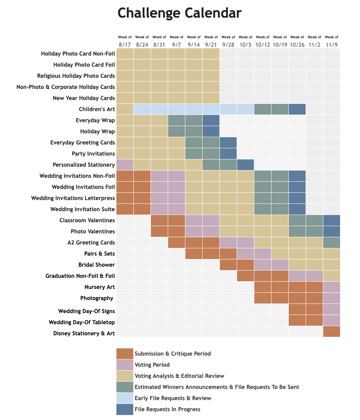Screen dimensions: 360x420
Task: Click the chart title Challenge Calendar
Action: click(x=180, y=13)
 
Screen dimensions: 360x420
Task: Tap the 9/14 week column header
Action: click(x=193, y=41)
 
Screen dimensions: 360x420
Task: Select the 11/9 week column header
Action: click(x=331, y=41)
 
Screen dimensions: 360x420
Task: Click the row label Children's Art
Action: click(x=97, y=109)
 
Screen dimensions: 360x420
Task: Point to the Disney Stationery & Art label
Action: click(x=84, y=333)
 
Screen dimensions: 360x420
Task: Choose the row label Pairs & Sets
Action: click(x=99, y=254)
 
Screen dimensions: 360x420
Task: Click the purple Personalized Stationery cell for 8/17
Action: click(x=125, y=165)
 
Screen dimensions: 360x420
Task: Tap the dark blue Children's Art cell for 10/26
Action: click(x=297, y=109)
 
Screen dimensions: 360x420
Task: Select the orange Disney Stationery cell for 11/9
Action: click(x=332, y=331)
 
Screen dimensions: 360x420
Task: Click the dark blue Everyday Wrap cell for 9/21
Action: click(x=211, y=120)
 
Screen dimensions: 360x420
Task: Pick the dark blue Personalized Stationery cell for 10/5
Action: click(x=245, y=165)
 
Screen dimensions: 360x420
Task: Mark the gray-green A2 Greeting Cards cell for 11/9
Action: click(x=332, y=243)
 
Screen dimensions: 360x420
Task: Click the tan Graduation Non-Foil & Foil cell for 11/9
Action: click(x=332, y=276)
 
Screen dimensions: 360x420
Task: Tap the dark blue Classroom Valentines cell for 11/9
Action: click(x=332, y=220)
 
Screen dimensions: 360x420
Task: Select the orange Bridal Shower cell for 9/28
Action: click(x=228, y=265)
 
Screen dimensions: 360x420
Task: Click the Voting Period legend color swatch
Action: click(x=125, y=365)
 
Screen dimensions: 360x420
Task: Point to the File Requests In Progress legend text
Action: click(x=168, y=409)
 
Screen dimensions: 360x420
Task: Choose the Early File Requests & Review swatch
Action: click(x=125, y=398)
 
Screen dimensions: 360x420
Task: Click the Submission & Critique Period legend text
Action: click(x=173, y=354)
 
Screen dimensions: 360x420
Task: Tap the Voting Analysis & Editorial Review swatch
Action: click(x=125, y=376)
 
